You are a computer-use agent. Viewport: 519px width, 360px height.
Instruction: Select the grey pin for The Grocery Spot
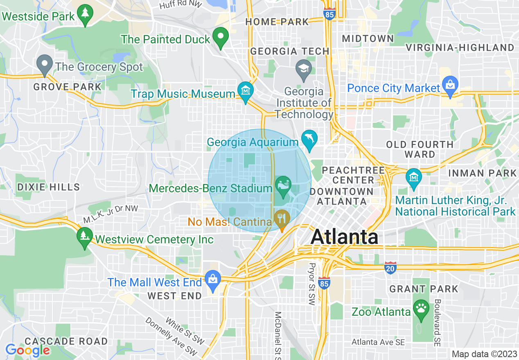point(45,64)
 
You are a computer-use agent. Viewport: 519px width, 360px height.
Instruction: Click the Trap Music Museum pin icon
point(245,91)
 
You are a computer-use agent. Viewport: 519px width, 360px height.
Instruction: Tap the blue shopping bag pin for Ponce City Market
point(450,86)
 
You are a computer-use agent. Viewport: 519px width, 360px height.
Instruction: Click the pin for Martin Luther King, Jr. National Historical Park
point(414,178)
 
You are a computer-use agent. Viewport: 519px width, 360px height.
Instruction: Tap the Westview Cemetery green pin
point(85,236)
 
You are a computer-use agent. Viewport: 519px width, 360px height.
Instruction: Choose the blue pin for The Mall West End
point(213,280)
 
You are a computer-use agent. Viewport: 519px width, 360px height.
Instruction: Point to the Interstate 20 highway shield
point(390,268)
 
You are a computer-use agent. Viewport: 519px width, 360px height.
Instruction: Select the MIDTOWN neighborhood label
point(368,38)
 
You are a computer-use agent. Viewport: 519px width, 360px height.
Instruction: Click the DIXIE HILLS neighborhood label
point(48,187)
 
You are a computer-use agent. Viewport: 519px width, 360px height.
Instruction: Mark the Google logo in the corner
point(27,350)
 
